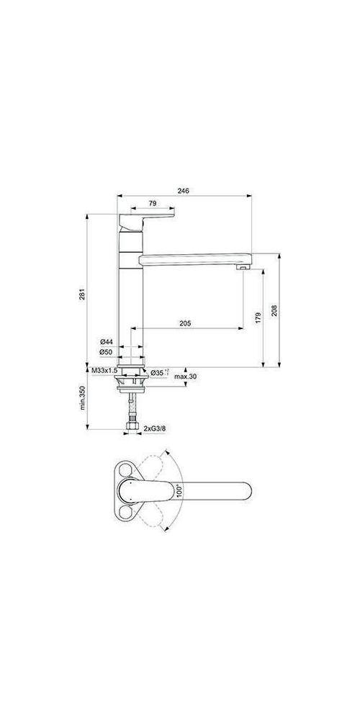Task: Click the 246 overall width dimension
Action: coord(183,191)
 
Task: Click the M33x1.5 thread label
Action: coord(106,370)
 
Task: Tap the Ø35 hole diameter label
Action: coord(160,372)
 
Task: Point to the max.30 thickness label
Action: coord(186,377)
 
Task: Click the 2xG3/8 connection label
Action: coord(155,429)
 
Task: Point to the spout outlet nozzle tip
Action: coord(243,267)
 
